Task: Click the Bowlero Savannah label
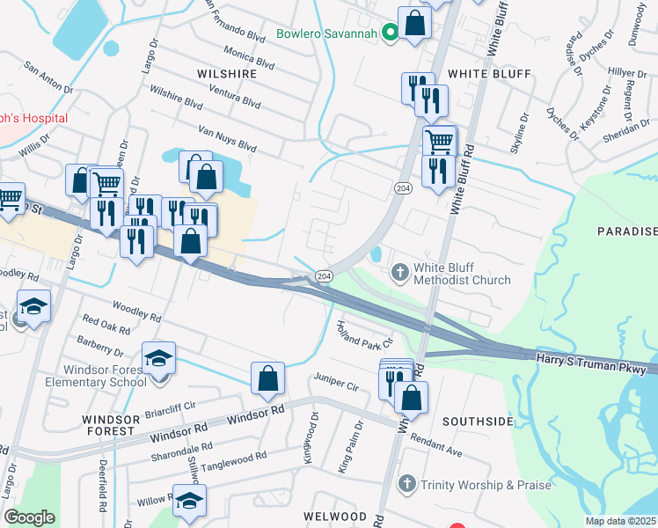326,34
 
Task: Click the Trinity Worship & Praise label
486,485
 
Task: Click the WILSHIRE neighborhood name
227,74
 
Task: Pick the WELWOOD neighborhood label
334,516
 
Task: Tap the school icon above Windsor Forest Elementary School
159,356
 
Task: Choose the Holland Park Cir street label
364,335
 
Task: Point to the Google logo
29,517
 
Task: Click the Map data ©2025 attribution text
621,521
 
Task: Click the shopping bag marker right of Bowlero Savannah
414,23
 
